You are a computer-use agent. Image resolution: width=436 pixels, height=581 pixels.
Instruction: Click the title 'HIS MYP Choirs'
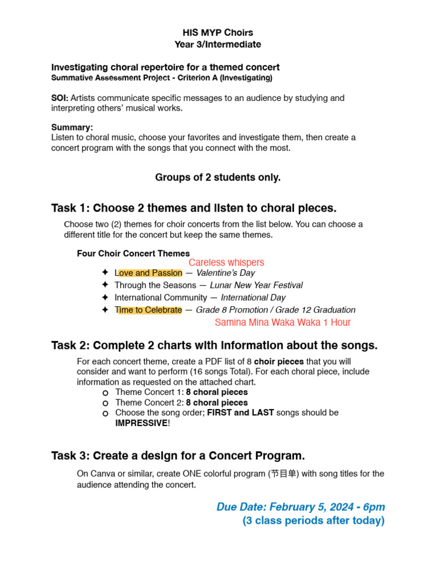[x=218, y=33]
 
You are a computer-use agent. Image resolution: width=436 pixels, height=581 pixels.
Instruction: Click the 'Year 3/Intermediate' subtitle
[x=218, y=44]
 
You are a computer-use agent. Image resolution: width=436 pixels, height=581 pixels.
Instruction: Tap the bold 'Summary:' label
[x=72, y=127]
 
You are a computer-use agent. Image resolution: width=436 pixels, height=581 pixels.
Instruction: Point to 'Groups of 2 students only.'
[x=218, y=178]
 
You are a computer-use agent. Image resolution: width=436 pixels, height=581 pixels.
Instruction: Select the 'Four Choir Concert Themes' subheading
[x=133, y=254]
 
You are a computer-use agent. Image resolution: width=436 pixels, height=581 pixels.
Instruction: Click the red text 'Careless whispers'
[x=226, y=263]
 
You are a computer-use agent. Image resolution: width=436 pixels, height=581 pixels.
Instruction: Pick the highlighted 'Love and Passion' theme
[x=148, y=273]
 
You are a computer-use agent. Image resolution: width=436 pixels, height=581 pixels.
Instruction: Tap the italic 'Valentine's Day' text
[x=225, y=273]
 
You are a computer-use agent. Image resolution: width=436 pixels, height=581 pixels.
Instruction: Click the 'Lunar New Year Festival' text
[x=256, y=285]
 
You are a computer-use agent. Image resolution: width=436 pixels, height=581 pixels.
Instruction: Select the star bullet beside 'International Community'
[x=104, y=297]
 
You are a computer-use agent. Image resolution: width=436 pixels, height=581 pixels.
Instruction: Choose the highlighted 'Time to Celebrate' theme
[x=148, y=310]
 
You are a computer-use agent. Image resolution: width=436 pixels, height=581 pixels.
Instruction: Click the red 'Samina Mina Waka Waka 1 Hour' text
[x=283, y=322]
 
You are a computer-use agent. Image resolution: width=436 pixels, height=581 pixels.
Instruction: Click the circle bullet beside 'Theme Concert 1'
[x=105, y=393]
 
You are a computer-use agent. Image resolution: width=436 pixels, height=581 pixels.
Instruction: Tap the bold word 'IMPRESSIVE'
[x=141, y=423]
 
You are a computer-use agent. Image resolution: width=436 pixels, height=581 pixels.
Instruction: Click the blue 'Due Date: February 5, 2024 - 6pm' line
[x=300, y=507]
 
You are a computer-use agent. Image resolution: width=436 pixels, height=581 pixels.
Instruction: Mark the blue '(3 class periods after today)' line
[x=313, y=520]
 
